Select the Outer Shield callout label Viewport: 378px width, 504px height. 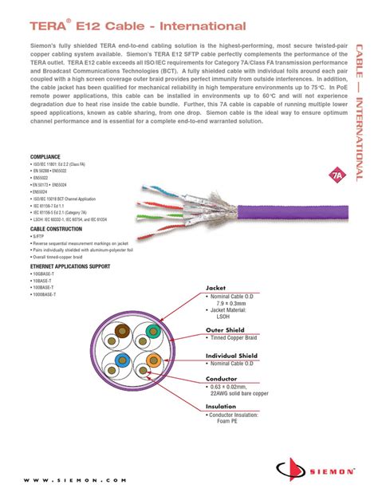[225, 329]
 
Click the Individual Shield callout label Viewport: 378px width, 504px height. [232, 355]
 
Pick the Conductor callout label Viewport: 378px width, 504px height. [222, 380]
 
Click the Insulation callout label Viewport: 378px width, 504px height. [222, 406]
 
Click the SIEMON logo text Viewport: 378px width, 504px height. [330, 471]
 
